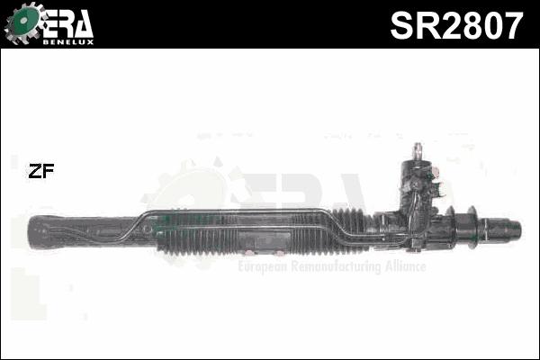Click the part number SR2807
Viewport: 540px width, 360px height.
pyautogui.click(x=457, y=25)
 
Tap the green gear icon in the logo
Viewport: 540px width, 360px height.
pyautogui.click(x=23, y=22)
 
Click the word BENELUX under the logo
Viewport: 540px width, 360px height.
pyautogui.click(x=68, y=42)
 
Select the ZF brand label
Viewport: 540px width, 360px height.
pyautogui.click(x=41, y=171)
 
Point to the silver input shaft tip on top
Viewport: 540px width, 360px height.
pyautogui.click(x=418, y=151)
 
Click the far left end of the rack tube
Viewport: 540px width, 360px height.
pyautogui.click(x=31, y=232)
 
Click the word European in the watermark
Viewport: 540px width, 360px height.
pyautogui.click(x=263, y=267)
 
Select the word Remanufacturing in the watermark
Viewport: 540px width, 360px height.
pyautogui.click(x=336, y=267)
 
